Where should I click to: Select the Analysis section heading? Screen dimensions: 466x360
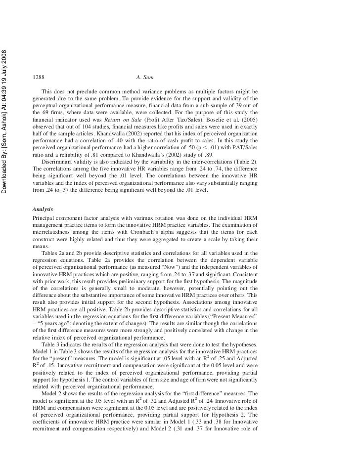pyautogui.click(x=44, y=209)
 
